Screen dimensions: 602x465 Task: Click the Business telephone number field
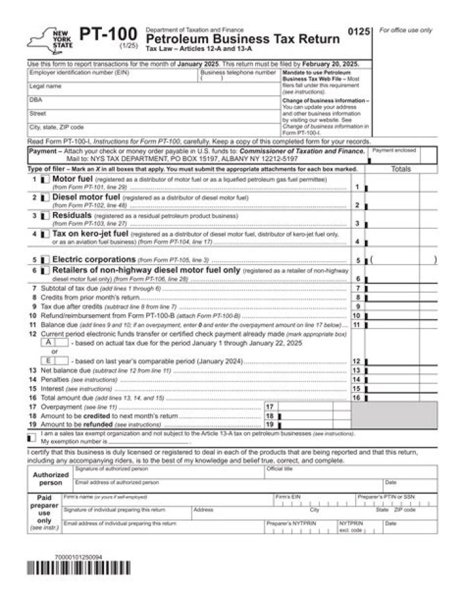(x=238, y=79)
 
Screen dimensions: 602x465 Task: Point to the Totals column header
(x=401, y=169)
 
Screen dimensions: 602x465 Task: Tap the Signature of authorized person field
(x=168, y=472)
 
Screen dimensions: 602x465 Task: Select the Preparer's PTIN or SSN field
(x=387, y=500)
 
